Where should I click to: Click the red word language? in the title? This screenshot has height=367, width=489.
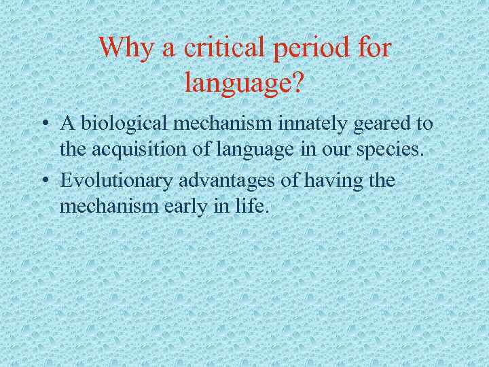[x=244, y=83]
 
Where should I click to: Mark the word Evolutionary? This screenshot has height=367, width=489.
[x=117, y=181]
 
